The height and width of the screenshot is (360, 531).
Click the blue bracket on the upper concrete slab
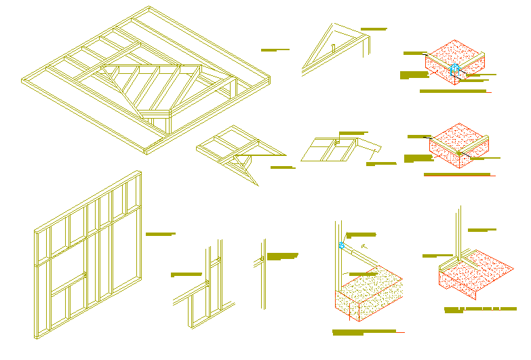pyautogui.click(x=455, y=69)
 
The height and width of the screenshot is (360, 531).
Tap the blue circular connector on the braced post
pyautogui.click(x=341, y=245)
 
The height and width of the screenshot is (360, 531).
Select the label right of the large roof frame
pyautogui.click(x=275, y=49)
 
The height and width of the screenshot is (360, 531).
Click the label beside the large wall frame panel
pyautogui.click(x=160, y=234)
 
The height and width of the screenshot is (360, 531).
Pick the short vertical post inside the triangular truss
pyautogui.click(x=334, y=48)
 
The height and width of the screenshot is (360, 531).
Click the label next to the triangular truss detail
pyautogui.click(x=373, y=29)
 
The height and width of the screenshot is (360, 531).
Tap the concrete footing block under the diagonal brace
pyautogui.click(x=370, y=295)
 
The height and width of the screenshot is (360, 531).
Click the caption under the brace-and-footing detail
pyautogui.click(x=364, y=332)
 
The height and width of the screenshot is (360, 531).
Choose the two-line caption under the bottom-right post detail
pyautogui.click(x=480, y=310)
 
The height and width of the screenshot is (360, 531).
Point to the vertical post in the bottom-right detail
pyautogui.click(x=459, y=234)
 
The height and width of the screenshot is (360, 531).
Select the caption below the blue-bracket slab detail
pyautogui.click(x=452, y=91)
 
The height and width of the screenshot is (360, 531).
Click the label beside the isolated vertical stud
pyautogui.click(x=282, y=256)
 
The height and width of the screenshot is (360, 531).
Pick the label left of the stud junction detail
pyautogui.click(x=187, y=275)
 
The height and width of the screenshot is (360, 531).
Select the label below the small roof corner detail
pyautogui.click(x=281, y=167)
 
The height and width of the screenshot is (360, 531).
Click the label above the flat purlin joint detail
pyautogui.click(x=353, y=133)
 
